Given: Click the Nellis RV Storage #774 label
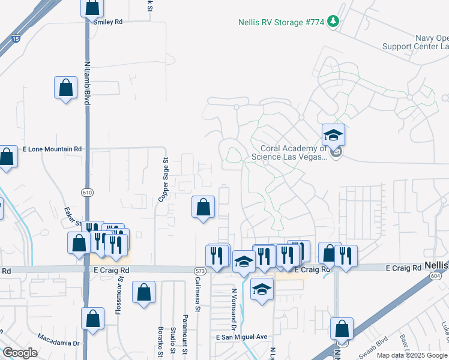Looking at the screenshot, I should tap(281, 22).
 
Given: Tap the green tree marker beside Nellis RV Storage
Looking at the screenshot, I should tap(334, 22).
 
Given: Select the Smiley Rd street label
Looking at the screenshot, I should tap(108, 22).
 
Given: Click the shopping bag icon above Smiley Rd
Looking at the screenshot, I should tap(92, 8).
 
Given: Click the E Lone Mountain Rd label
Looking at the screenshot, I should tap(52, 149).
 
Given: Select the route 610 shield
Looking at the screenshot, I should tap(88, 191).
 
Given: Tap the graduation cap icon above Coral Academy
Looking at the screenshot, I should tap(333, 134).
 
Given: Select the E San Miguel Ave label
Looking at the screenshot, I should tap(241, 337).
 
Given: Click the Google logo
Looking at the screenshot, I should tap(20, 353).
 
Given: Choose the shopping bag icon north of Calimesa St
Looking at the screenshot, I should tap(203, 208).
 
